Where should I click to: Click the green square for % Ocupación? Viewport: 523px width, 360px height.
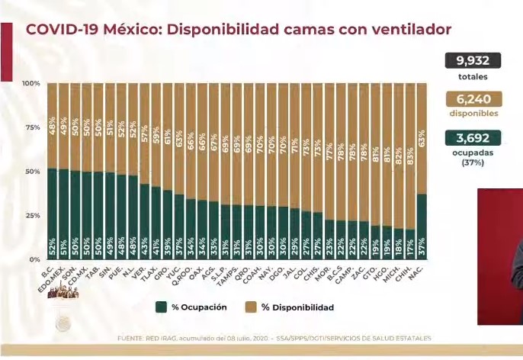pos(162,307)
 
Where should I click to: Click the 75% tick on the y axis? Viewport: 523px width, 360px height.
pos(32,127)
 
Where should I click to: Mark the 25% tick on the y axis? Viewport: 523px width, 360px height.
pos(32,216)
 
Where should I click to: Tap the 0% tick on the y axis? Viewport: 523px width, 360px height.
pos(34,259)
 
